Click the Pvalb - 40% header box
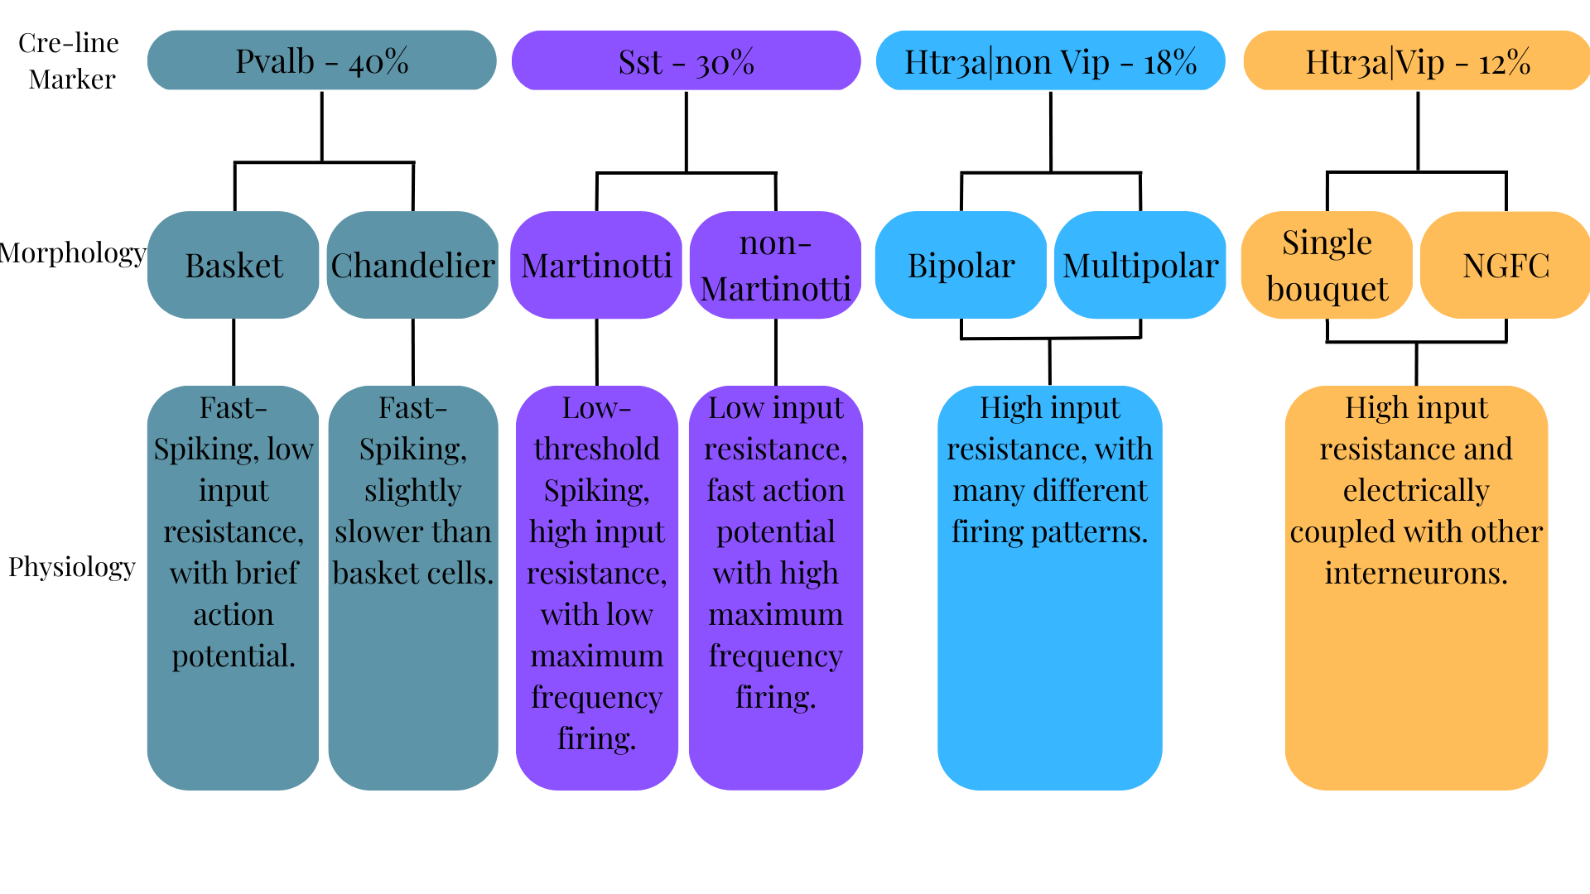tap(321, 60)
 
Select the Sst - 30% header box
tap(686, 60)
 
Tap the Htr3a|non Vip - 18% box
tap(1050, 60)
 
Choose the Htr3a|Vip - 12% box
tap(1417, 60)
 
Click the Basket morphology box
tap(234, 265)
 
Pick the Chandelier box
tap(412, 265)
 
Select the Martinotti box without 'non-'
tap(596, 265)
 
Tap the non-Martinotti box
tap(775, 265)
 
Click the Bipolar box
tap(961, 265)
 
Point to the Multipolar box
tap(1140, 265)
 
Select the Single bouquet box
tap(1327, 265)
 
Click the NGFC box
tap(1506, 265)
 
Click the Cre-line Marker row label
tap(70, 60)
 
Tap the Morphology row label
tap(73, 252)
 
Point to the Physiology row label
tap(72, 567)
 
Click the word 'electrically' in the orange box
tap(1416, 490)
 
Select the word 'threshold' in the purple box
tap(596, 449)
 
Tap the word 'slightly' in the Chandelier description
tap(412, 490)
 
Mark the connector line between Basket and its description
tap(234, 352)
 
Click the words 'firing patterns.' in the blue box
tap(1049, 531)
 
